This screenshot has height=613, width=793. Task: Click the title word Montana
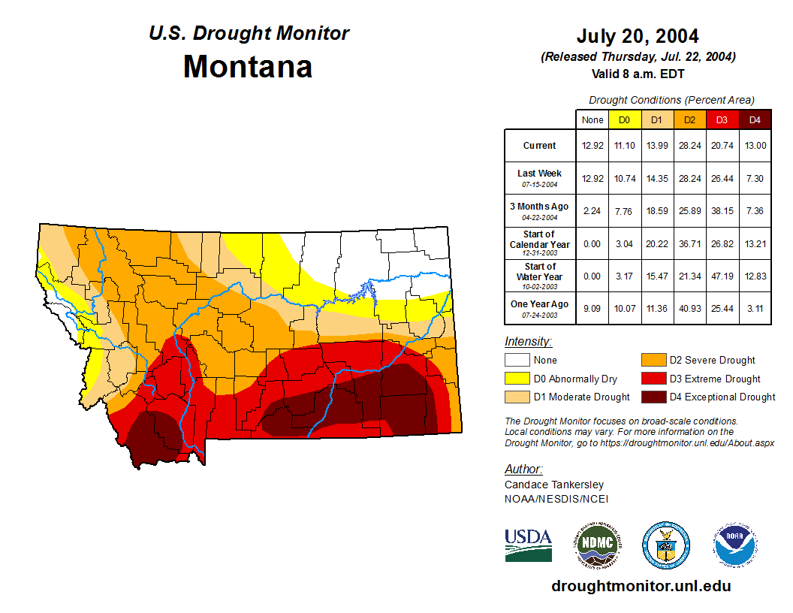point(248,67)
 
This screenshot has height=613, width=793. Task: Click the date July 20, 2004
point(638,36)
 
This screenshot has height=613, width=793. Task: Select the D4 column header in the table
point(755,119)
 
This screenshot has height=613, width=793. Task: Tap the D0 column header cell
point(624,119)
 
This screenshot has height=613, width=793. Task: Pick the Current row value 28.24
point(690,146)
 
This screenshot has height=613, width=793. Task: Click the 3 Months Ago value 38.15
point(722,211)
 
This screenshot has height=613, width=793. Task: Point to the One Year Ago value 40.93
point(690,309)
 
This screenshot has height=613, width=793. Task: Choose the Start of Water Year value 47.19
point(722,276)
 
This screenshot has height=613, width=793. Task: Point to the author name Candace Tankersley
point(554,485)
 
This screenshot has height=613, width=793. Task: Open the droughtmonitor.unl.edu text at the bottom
point(641,586)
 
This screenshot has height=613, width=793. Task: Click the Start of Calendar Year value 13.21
point(755,244)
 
